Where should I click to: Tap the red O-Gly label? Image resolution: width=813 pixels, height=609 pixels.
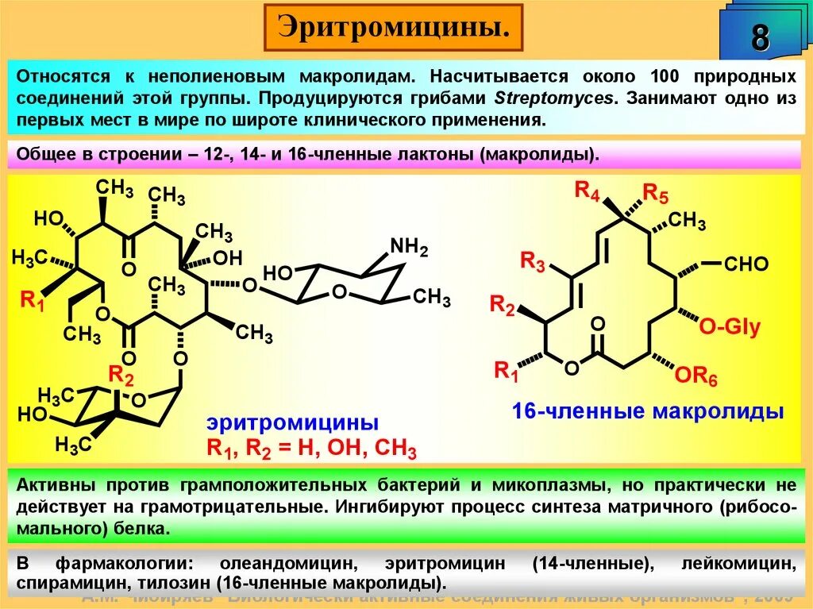[730, 326]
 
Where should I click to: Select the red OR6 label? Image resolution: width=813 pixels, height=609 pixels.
[696, 376]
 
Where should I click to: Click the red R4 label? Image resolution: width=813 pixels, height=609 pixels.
[587, 191]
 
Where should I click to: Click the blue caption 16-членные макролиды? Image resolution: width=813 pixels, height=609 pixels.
[648, 411]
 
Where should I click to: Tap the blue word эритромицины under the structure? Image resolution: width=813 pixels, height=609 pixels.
[293, 422]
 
